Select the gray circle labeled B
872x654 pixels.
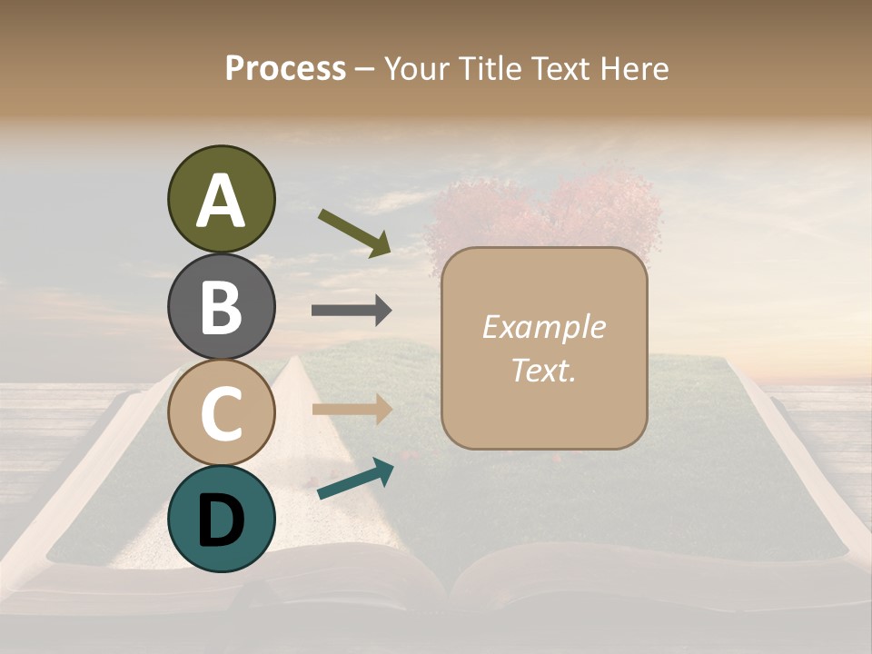coord(221,307)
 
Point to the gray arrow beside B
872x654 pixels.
coord(352,311)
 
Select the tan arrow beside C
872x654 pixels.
coord(352,410)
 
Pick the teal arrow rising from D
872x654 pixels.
coord(355,479)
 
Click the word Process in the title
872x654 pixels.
coord(285,68)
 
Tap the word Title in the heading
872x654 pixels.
coord(488,68)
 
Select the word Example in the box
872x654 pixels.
coord(543,327)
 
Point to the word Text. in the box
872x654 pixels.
coord(543,370)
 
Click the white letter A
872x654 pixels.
coord(221,201)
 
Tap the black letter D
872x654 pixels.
coord(221,520)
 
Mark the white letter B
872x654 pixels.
coord(221,307)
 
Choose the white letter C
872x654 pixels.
coord(221,413)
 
